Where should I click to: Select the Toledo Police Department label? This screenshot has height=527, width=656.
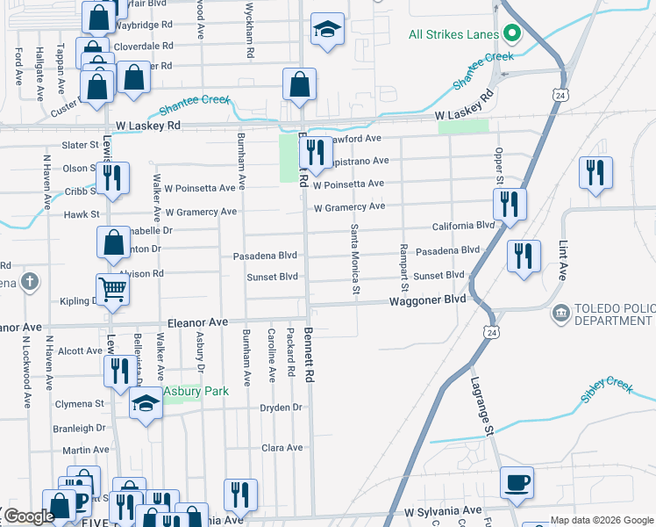tap(613, 315)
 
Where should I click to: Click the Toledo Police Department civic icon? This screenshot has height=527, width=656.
tap(561, 312)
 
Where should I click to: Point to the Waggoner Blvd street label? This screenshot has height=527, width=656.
tap(428, 301)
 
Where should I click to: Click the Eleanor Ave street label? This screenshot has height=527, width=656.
tap(197, 322)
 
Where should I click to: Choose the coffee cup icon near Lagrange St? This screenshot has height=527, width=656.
tap(517, 482)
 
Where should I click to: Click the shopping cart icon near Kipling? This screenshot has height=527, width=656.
tap(113, 289)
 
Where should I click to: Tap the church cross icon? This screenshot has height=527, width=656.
tap(30, 282)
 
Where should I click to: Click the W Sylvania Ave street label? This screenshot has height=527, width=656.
tap(443, 510)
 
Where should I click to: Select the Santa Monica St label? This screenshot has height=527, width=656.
tap(355, 258)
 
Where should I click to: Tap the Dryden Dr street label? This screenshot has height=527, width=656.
tap(281, 408)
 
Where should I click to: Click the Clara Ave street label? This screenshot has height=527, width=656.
tap(282, 447)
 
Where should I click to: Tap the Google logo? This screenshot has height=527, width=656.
tap(30, 516)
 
